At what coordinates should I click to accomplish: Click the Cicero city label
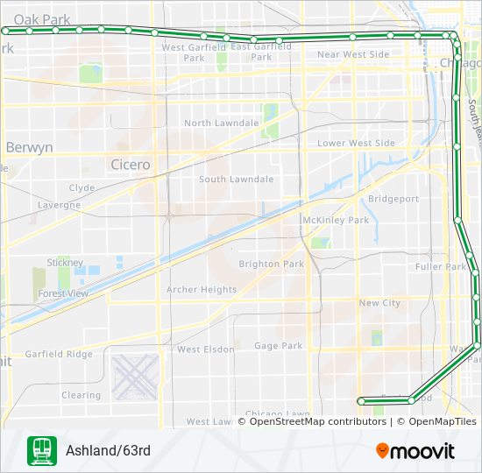coord(131,165)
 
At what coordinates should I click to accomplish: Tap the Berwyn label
coord(30,148)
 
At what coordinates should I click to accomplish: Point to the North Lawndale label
coord(222,124)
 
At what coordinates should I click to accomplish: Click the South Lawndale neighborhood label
coord(237,180)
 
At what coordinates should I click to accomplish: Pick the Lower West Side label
coord(356,143)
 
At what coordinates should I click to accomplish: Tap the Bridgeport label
coord(393,199)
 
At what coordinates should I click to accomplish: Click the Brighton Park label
coord(272,264)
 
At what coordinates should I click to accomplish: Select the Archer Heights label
coord(202,290)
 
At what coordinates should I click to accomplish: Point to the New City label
coord(379,303)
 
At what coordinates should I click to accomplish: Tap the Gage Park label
coord(279,346)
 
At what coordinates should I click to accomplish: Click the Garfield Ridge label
coord(59,355)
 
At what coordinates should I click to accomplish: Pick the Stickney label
coord(66,263)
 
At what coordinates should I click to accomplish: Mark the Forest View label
coord(63,294)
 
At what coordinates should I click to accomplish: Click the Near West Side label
coord(353,54)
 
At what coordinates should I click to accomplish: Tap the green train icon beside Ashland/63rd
coord(41,451)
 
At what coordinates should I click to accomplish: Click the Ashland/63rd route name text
coord(108,451)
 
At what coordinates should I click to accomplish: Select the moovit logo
coord(415,451)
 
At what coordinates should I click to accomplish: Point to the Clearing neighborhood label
coord(82,395)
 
